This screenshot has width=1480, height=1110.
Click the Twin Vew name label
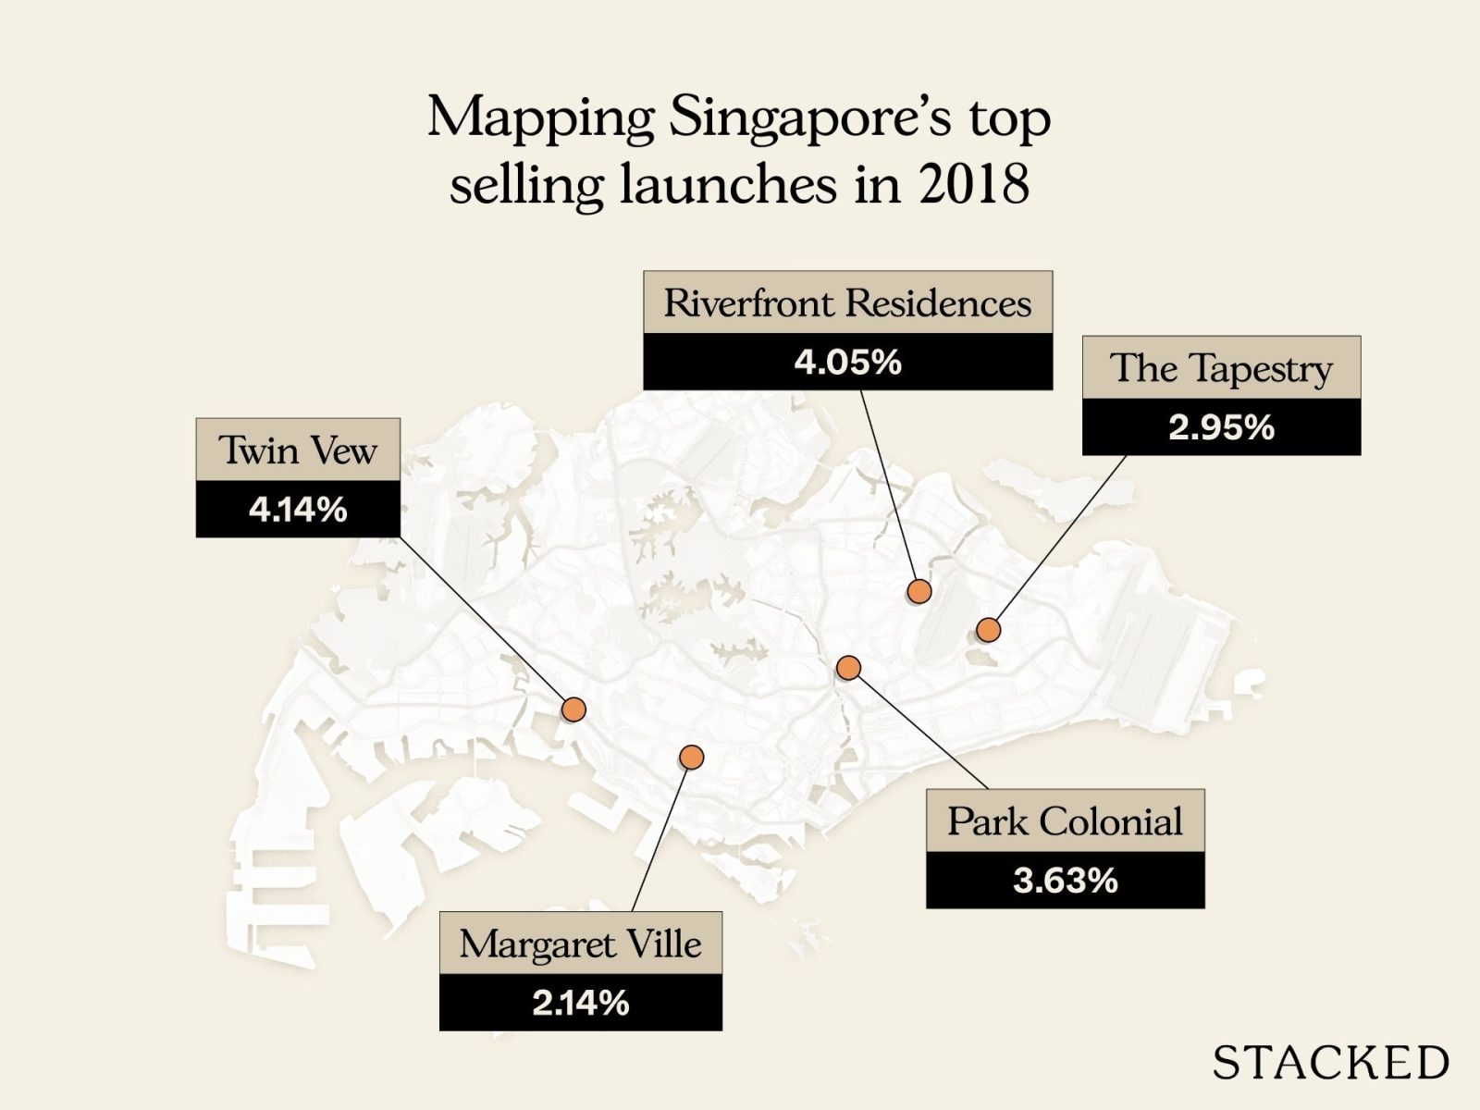coord(298,450)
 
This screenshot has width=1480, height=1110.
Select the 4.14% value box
coord(298,510)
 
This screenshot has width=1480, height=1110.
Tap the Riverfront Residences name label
coord(847,303)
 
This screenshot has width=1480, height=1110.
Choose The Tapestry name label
coord(1221,368)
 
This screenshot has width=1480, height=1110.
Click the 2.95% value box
coord(1221,427)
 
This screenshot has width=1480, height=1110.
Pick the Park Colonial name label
coord(1065,821)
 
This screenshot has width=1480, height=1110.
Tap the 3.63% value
coord(1065,881)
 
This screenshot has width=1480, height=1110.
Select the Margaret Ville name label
coord(580,944)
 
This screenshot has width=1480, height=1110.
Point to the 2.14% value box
coord(580,1003)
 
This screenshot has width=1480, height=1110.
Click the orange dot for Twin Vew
coord(574,709)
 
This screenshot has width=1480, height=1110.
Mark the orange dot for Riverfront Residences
coord(919,591)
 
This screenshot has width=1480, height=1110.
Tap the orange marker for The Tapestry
coord(989,630)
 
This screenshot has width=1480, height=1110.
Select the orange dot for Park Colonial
coord(848,667)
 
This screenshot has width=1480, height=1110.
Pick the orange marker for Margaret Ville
coord(691,758)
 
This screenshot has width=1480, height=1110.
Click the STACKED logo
coord(1330,1063)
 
